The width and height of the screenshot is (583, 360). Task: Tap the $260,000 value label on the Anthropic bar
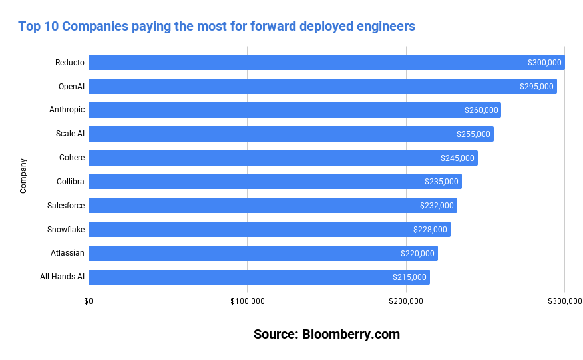pos(481,110)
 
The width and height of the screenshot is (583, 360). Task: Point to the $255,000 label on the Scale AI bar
pos(473,134)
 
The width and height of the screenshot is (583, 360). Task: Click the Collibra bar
pos(266,182)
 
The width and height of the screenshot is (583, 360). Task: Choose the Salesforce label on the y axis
pos(66,206)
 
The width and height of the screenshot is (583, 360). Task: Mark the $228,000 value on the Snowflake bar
pos(430,230)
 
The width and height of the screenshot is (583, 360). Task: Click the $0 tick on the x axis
pos(89,301)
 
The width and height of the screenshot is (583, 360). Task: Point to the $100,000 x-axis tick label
pos(247,301)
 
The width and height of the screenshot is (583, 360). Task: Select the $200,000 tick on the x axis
pos(406,301)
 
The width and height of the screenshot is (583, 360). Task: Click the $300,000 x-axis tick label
pos(564,301)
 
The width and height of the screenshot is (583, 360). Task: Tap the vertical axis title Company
pos(23,176)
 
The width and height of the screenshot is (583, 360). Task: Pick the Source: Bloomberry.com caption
pos(327,334)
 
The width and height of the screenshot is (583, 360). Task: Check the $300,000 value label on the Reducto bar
pos(545,63)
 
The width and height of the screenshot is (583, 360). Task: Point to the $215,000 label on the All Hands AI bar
pos(409,277)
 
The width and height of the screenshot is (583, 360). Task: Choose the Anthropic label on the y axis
pos(67,110)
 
